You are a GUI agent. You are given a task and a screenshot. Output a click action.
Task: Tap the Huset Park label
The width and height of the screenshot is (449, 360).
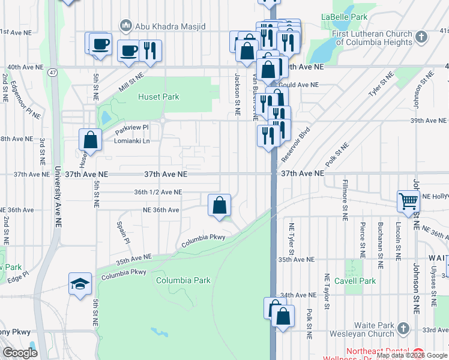(158, 96)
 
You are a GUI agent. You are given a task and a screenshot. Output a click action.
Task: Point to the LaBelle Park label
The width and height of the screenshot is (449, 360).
(344, 17)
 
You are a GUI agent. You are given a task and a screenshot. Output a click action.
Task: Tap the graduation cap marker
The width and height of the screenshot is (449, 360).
(80, 284)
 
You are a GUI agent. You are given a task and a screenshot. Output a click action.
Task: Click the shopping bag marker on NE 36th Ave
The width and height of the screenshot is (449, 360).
(220, 205)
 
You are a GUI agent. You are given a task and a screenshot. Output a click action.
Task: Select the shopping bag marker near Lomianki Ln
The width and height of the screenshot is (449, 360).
(90, 140)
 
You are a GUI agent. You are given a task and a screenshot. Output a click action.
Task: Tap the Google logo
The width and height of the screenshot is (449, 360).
(20, 353)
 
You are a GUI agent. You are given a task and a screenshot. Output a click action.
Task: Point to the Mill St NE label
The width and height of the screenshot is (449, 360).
(132, 82)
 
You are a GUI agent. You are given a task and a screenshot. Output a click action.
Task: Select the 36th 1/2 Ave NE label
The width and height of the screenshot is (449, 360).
(158, 192)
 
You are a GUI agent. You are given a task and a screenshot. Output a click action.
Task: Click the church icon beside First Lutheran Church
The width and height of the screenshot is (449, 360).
(421, 37)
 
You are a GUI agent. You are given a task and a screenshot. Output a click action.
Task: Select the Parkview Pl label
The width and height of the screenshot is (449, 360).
(131, 127)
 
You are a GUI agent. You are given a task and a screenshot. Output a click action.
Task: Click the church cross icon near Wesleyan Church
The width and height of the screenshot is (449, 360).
(403, 329)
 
